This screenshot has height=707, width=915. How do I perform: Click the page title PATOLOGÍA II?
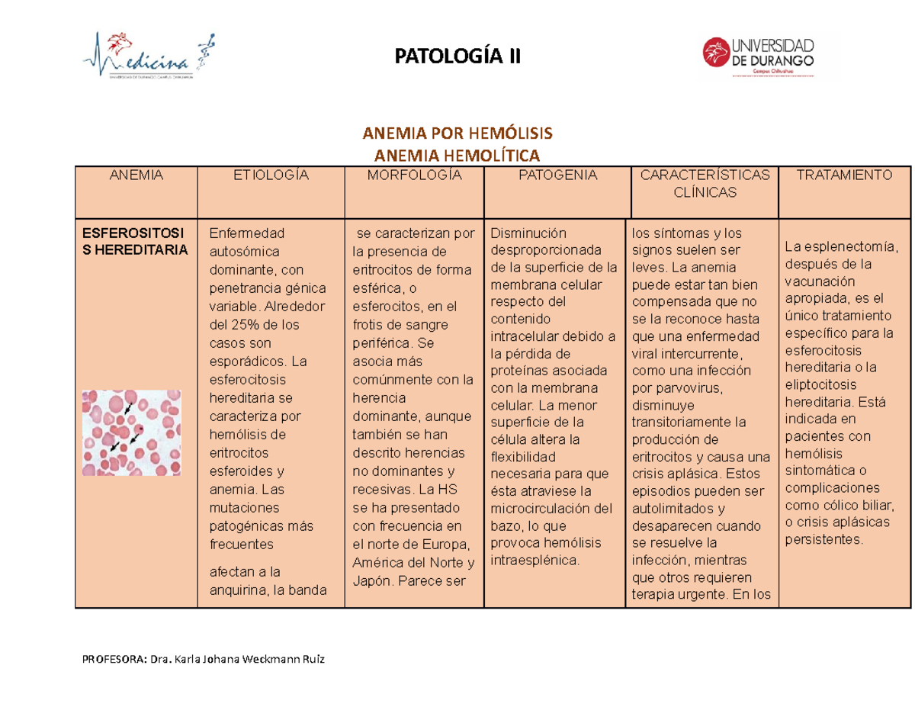(457, 56)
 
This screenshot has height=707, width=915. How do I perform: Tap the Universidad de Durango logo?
(769, 56)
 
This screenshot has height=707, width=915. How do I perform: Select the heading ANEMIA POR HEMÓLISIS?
(457, 134)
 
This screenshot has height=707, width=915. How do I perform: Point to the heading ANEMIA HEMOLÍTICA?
(457, 156)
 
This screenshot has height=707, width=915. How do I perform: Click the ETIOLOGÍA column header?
(271, 175)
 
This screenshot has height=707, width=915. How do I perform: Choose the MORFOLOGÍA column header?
(414, 175)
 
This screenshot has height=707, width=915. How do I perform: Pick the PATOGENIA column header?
(557, 175)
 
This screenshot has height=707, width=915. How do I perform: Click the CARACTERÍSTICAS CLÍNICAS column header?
(704, 184)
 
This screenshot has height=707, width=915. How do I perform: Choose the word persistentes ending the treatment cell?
(824, 539)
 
